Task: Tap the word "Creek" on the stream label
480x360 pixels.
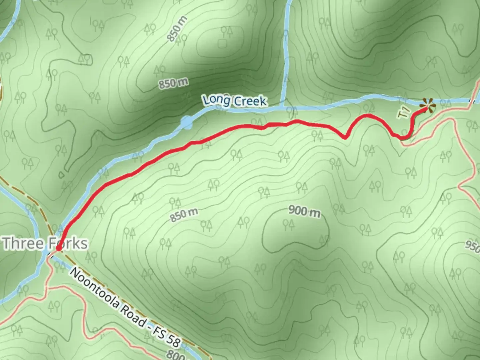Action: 250,101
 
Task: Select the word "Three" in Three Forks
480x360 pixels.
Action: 23,244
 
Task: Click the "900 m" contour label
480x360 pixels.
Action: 304,211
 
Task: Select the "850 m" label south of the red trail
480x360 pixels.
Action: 184,215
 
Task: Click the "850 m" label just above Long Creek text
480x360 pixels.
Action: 173,83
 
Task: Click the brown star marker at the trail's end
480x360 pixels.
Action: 428,105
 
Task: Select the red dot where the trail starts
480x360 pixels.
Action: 58,248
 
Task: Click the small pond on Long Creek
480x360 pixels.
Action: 187,122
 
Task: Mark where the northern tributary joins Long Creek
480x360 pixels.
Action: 283,106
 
